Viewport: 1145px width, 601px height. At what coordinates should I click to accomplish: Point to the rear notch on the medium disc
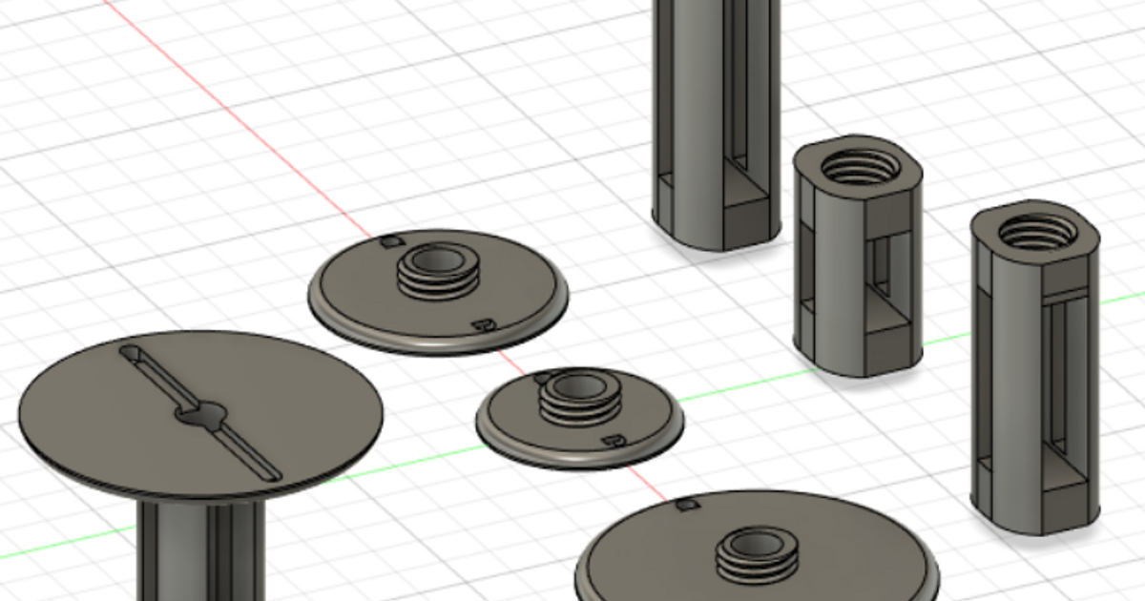[x=387, y=242]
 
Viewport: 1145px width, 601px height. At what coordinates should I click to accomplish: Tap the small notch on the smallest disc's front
[x=614, y=441]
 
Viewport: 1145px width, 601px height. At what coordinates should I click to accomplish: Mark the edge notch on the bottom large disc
[x=685, y=504]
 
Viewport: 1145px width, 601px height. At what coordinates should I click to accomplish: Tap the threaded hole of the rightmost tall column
[x=1035, y=230]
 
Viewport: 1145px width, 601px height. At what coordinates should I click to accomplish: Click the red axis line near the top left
[x=239, y=119]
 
